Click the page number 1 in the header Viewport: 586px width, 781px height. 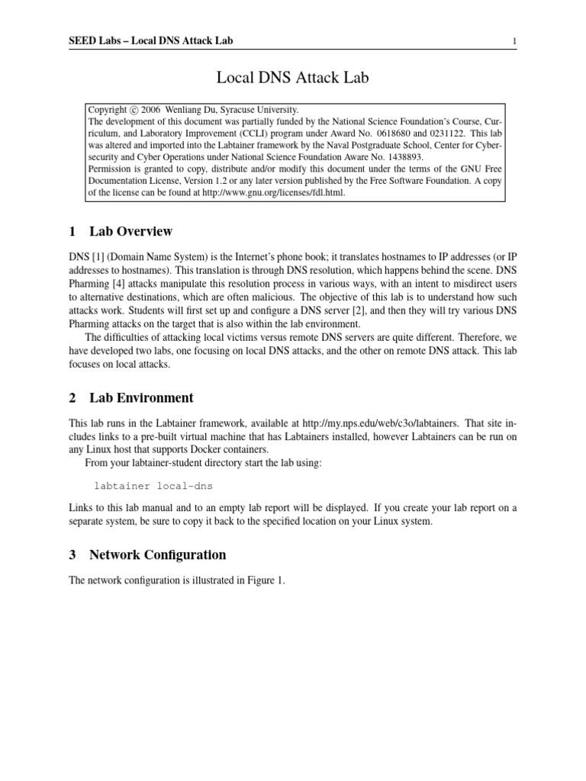pyautogui.click(x=516, y=41)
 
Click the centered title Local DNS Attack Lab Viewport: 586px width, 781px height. pyautogui.click(x=293, y=76)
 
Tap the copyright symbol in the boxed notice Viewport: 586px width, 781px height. pyautogui.click(x=134, y=110)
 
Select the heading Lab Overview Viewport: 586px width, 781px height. pyautogui.click(x=130, y=231)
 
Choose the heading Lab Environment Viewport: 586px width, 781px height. pyautogui.click(x=141, y=397)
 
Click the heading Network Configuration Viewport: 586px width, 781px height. pyautogui.click(x=157, y=554)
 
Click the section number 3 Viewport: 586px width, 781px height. pyautogui.click(x=72, y=554)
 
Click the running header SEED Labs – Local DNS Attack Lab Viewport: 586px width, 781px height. pyautogui.click(x=150, y=41)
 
